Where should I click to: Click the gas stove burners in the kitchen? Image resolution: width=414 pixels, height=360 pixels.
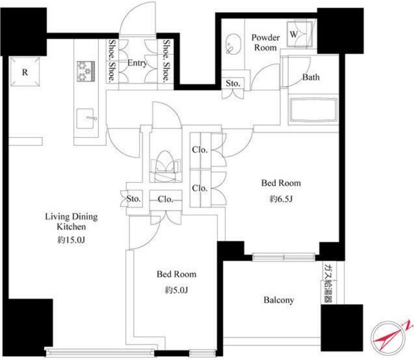pos(86,71)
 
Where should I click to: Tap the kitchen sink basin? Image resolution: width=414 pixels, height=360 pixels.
pos(85,119)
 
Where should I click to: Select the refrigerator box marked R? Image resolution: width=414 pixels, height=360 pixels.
pos(25,72)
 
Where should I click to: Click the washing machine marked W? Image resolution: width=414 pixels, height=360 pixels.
pos(300,33)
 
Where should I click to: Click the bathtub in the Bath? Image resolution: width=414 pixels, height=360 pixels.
pos(314,110)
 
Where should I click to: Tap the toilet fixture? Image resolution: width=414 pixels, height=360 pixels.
pos(165,166)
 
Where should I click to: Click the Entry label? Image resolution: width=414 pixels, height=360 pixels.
pos(137,63)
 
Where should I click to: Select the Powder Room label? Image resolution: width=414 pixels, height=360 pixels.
pos(265,43)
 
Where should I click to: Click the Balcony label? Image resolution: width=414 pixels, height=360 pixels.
pos(279,300)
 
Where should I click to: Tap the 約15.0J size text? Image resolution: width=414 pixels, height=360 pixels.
pos(71,240)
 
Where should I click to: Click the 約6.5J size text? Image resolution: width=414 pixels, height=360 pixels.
pos(281,199)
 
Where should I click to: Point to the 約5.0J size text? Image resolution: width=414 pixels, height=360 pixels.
pos(176,290)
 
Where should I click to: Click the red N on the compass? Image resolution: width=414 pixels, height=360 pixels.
pos(408,325)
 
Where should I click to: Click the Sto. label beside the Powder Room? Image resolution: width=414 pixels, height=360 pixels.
pos(233,83)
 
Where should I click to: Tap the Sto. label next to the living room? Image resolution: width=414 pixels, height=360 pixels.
pos(134,198)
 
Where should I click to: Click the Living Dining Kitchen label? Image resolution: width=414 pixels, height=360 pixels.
pos(71,222)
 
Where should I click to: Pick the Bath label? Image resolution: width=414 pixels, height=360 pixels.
pos(311,77)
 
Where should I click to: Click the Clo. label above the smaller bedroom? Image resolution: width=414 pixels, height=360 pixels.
pos(165,199)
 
